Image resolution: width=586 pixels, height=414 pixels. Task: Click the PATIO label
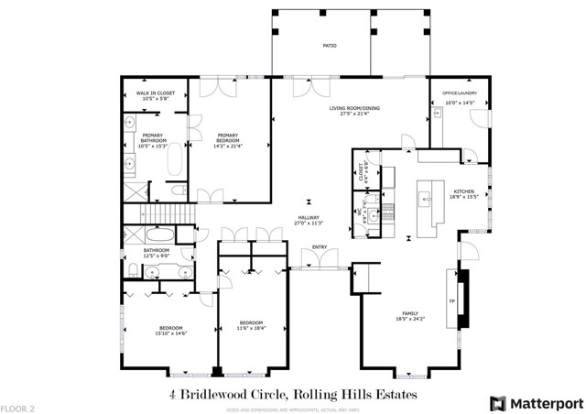(x=328, y=44)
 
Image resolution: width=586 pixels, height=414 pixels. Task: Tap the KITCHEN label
(x=464, y=192)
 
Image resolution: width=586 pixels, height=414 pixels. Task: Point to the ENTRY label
(x=320, y=246)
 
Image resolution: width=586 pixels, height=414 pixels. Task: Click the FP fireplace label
(x=451, y=300)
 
